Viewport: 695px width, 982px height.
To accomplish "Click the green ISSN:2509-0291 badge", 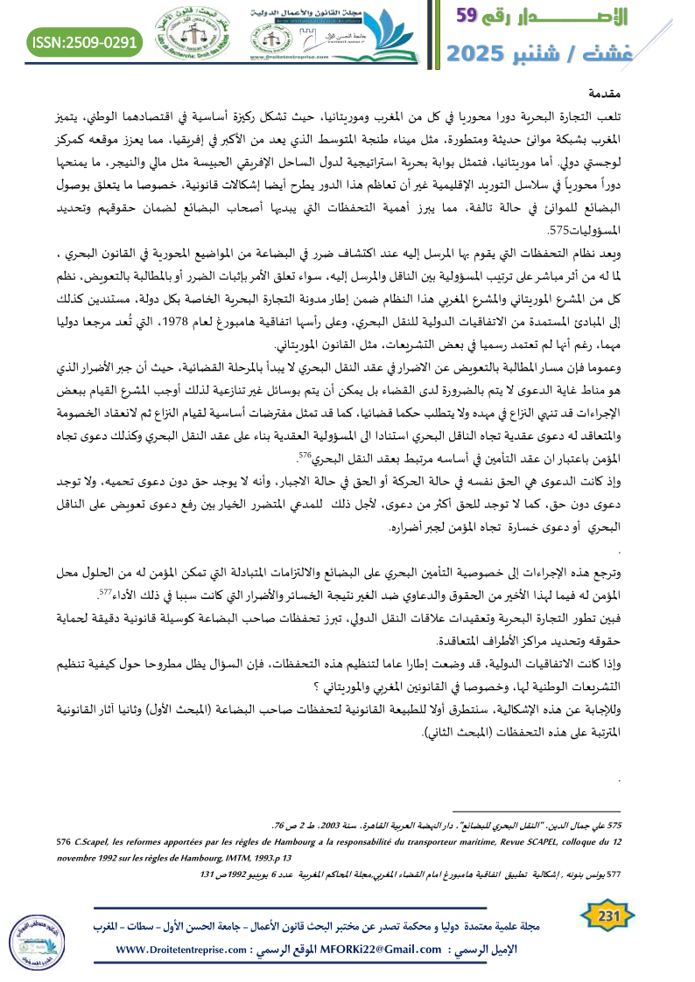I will point(86,40).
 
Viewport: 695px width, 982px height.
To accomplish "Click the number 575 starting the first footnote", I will point(612,825).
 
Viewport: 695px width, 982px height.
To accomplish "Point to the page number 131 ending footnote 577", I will point(208,874).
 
